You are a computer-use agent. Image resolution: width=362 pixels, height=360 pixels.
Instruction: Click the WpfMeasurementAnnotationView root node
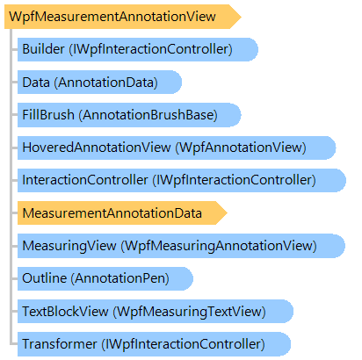(122, 17)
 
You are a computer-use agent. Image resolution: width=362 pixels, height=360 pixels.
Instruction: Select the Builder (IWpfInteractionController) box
(138, 49)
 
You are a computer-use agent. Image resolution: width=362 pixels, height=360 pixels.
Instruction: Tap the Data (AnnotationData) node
(99, 83)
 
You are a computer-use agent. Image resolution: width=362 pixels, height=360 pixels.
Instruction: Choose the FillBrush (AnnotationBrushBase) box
(129, 115)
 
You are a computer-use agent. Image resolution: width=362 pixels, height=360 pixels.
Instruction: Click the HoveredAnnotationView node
(177, 148)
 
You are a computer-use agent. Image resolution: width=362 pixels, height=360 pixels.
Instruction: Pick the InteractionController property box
(182, 180)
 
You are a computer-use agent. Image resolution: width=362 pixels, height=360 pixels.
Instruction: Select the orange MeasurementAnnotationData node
(122, 213)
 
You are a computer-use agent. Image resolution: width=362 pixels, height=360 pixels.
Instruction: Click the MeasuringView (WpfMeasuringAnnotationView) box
(181, 246)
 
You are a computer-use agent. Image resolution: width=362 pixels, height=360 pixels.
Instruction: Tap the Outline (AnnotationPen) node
(105, 278)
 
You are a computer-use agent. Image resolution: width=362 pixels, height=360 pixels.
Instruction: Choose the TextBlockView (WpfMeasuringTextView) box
(156, 312)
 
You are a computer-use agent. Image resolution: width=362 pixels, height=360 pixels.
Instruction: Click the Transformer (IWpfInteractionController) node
(154, 344)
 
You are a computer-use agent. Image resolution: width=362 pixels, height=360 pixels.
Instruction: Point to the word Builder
(43, 49)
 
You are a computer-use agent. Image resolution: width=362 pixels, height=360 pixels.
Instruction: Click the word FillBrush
(48, 115)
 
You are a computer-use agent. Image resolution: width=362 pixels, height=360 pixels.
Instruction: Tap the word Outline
(45, 278)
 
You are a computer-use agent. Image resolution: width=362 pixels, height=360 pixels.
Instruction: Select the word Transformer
(60, 344)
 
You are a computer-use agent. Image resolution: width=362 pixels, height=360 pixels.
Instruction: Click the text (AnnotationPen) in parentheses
(120, 278)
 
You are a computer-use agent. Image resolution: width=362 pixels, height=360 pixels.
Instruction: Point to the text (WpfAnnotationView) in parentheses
(241, 148)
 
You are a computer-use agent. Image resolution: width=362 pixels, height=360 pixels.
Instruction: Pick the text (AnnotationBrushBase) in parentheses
(148, 115)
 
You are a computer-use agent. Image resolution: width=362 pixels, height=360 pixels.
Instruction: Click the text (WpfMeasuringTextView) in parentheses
(190, 312)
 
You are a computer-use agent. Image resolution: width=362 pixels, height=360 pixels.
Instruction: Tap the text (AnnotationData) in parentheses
(105, 83)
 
